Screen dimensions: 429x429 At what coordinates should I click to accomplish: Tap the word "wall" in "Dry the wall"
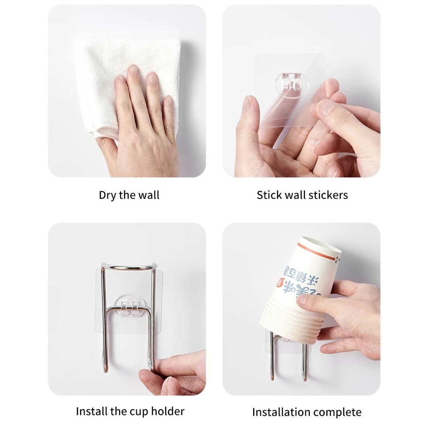coord(148,195)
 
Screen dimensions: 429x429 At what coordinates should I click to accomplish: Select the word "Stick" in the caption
coord(269,195)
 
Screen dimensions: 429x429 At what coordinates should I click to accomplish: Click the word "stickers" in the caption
coord(328,195)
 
